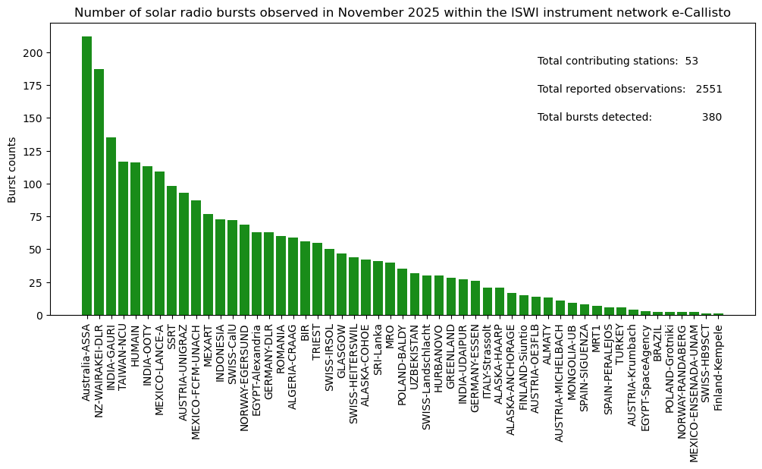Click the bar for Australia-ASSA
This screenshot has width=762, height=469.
click(86, 175)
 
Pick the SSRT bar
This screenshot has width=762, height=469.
click(171, 250)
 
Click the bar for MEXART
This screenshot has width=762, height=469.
click(208, 264)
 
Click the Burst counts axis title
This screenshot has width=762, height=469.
click(12, 170)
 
